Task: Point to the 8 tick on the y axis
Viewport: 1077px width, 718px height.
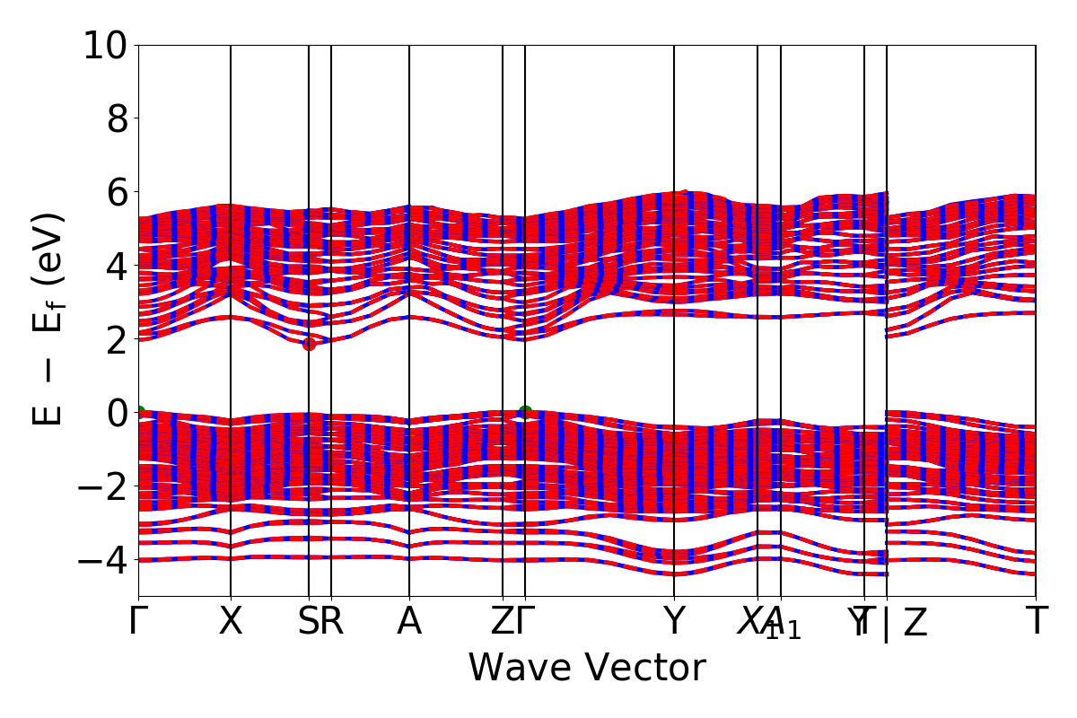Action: (118, 118)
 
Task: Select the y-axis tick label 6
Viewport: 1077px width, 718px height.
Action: (118, 192)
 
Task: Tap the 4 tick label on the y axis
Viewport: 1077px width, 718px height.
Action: (118, 266)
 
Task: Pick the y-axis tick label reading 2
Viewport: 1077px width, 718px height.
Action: (118, 339)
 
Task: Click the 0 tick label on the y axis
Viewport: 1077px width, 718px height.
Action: (118, 413)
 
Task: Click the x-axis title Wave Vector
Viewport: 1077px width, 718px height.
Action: (587, 668)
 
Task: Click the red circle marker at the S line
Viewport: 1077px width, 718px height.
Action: (309, 344)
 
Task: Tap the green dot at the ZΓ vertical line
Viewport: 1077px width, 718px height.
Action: (525, 413)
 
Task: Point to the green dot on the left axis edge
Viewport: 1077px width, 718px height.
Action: (139, 413)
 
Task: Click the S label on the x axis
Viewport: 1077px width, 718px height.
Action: (308, 621)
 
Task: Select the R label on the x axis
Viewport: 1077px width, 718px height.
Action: (332, 621)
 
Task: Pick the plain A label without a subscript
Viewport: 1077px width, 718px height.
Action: (409, 621)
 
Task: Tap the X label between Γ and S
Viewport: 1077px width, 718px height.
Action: (231, 621)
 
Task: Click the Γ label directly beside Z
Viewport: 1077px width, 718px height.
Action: (527, 621)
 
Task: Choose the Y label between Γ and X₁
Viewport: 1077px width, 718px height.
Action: (674, 621)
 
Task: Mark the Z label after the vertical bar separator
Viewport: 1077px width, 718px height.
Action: (915, 623)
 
